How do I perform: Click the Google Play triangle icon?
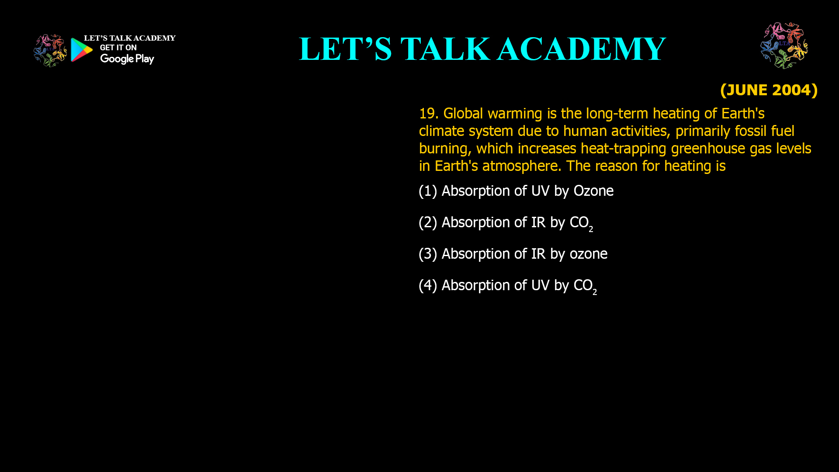click(x=82, y=50)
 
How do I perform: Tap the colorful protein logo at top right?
click(x=784, y=45)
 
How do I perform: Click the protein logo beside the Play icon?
click(x=50, y=51)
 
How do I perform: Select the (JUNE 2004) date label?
click(x=769, y=90)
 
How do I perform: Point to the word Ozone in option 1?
click(x=593, y=191)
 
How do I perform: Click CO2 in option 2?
click(x=581, y=223)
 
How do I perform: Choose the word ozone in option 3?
click(x=588, y=254)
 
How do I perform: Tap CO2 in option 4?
click(x=585, y=286)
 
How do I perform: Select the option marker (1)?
click(x=428, y=191)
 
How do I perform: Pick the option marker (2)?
click(x=428, y=222)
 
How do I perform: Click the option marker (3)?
click(x=428, y=254)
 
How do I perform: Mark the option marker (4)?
click(x=428, y=285)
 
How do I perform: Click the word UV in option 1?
click(x=540, y=191)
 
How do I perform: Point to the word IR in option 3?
click(x=538, y=254)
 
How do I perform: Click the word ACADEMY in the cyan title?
click(x=581, y=49)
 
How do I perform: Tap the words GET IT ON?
click(x=118, y=48)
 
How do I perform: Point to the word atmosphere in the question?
click(x=520, y=166)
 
